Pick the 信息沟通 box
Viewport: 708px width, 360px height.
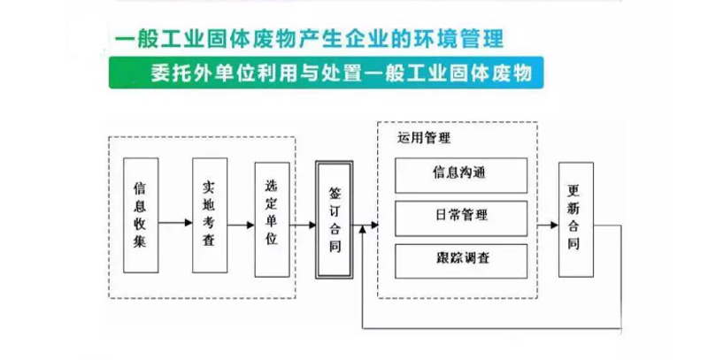(461, 173)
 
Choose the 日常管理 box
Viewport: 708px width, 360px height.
(461, 216)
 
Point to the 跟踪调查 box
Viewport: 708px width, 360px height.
(461, 258)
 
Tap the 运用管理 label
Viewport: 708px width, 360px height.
(424, 138)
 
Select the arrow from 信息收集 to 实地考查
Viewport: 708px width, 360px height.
(175, 221)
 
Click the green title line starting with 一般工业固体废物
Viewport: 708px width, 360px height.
(310, 38)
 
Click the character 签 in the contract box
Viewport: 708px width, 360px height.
(335, 192)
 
